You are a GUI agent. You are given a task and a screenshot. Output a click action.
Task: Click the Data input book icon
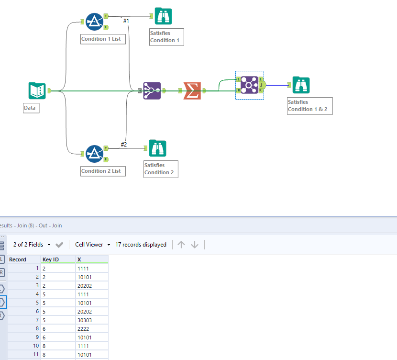click(37, 91)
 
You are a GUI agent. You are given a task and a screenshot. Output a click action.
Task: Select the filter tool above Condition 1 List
click(94, 22)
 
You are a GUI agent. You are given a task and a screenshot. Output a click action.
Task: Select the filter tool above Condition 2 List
click(94, 154)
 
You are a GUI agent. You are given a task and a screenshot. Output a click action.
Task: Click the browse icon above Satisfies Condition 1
click(163, 17)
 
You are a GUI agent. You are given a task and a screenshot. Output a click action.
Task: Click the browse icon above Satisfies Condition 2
click(157, 148)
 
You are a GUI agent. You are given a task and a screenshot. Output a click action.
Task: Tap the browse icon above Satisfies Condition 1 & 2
click(301, 85)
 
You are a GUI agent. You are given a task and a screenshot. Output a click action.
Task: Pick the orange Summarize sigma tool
click(192, 90)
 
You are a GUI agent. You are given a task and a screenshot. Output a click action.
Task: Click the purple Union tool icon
click(152, 90)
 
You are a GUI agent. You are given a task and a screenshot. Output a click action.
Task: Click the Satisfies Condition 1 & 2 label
click(309, 106)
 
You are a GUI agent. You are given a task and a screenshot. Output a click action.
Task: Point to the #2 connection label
click(123, 145)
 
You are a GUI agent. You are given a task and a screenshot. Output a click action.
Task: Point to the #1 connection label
click(126, 21)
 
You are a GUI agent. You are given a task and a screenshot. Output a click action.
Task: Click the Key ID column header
click(51, 259)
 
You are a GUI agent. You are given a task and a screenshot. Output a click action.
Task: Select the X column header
click(79, 259)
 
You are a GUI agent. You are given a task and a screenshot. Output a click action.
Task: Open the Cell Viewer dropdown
click(92, 245)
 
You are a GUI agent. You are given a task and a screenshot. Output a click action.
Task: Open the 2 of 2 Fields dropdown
click(32, 245)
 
